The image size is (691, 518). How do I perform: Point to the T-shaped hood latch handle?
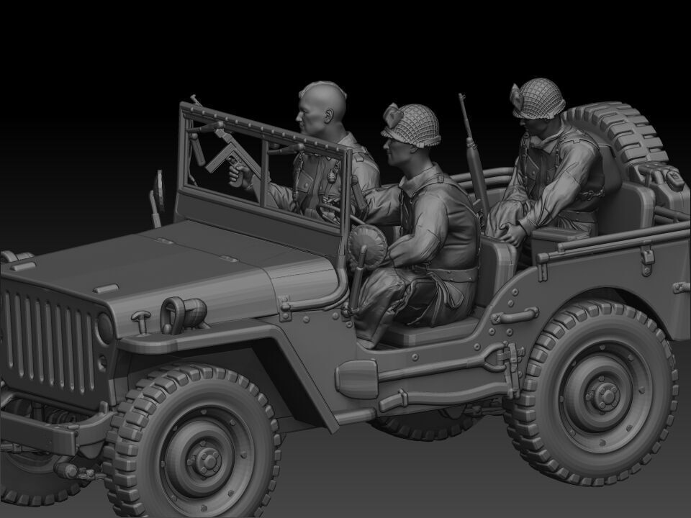(x=140, y=317)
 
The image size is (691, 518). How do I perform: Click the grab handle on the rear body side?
(x=515, y=316)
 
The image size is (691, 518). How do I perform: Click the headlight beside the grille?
(x=105, y=327)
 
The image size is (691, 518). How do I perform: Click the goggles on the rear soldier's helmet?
(x=518, y=93)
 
